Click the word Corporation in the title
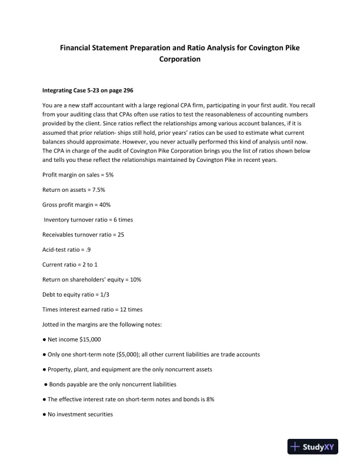(x=180, y=59)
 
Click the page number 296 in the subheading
(x=127, y=91)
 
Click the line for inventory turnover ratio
(x=89, y=219)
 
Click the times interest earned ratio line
(x=92, y=309)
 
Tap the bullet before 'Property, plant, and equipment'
(x=45, y=370)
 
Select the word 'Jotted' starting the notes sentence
(x=51, y=324)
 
